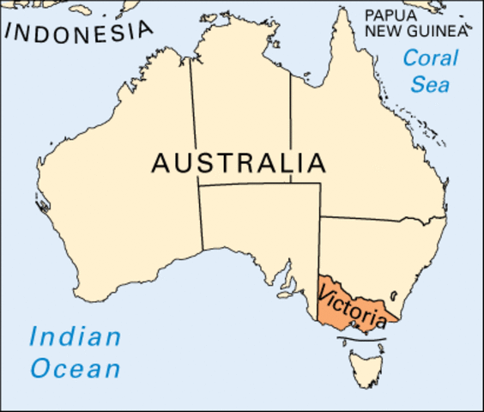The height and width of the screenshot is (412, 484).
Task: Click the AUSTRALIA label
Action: click(239, 162)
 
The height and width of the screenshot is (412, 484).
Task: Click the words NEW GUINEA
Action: click(416, 32)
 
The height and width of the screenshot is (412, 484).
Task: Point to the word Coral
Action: click(430, 59)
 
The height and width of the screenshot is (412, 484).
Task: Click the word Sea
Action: click(430, 85)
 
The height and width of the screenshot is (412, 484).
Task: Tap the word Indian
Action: click(76, 337)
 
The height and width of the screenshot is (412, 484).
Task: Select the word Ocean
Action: click(76, 370)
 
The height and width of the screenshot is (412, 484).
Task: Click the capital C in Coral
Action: click(410, 59)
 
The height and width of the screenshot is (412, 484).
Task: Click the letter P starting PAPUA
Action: click(369, 15)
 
